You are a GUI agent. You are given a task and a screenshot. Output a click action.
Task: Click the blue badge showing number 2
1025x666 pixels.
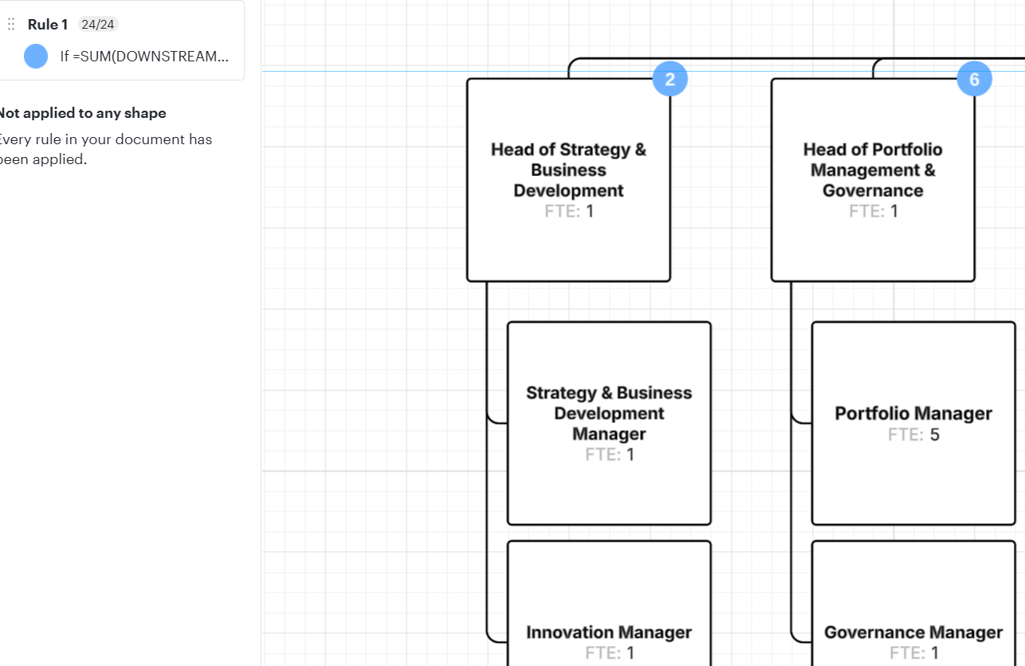coord(670,79)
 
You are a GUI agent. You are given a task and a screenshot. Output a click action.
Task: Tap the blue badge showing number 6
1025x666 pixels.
coord(975,79)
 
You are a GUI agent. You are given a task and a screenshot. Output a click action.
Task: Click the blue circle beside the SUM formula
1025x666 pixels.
coord(36,56)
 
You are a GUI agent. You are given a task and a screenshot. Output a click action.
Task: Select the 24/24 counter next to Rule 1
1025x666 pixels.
coord(97,24)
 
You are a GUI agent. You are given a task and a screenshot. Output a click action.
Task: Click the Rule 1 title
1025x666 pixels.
coord(48,24)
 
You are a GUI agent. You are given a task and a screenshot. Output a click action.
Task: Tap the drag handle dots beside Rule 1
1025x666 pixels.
coord(11,24)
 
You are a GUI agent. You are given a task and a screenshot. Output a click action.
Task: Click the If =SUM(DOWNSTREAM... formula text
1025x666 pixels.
coord(144,57)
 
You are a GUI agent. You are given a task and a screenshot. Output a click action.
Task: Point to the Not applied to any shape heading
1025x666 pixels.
coord(82,113)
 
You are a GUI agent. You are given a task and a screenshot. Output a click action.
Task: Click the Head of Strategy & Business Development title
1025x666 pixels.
coord(569,170)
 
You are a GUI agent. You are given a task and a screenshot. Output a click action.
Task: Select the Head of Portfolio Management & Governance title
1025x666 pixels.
coord(873,170)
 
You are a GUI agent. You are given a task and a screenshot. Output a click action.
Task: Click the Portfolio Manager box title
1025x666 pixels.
coord(913,413)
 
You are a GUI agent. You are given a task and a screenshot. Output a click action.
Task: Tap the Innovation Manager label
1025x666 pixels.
coord(609,633)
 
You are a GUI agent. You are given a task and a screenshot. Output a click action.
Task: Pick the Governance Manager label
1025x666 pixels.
coord(913,633)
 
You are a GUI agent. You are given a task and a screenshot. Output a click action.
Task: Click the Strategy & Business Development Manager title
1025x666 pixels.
coord(609,413)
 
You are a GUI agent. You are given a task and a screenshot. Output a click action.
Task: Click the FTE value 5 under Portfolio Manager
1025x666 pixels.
coord(934,434)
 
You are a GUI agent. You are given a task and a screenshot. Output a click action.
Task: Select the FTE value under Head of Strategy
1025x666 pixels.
coord(590,211)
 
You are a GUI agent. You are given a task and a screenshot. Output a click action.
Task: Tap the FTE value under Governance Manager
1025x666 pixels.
coord(935,652)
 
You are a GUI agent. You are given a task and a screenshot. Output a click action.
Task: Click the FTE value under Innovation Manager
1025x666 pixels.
coord(630,652)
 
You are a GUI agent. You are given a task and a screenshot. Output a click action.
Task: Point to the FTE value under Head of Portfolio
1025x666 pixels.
coord(894,211)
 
